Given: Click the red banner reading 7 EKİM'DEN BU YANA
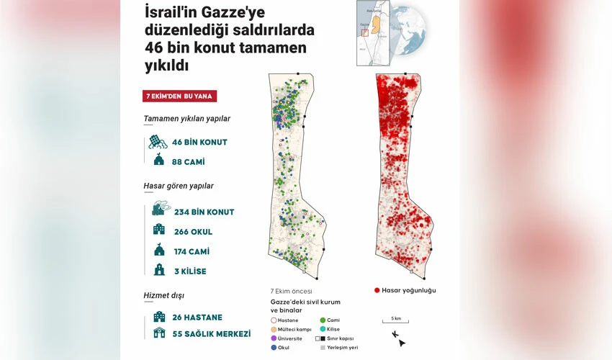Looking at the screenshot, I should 180,96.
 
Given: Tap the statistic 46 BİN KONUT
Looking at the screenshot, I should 199,142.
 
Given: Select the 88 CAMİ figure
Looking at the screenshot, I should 189,161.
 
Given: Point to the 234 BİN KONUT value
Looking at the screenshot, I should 204,212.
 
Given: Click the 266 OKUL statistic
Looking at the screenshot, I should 193,232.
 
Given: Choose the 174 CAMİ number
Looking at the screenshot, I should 192,251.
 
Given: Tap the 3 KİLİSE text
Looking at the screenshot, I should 190,271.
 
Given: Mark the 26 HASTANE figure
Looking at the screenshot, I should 197,317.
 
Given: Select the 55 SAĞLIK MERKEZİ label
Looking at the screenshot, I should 212,334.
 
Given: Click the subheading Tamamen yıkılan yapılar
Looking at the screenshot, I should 186,119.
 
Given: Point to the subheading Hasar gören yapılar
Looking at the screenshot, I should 178,186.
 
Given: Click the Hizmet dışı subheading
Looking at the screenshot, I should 164,294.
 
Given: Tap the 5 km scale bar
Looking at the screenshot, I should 397,322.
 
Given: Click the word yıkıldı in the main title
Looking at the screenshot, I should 166,66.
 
